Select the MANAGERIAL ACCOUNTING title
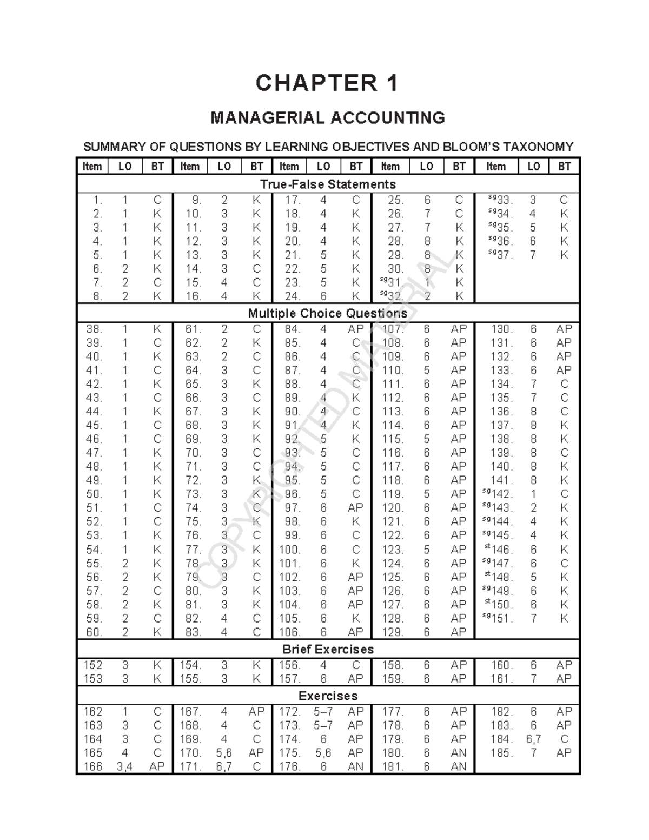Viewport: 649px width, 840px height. click(x=327, y=117)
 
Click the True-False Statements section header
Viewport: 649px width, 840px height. click(x=328, y=184)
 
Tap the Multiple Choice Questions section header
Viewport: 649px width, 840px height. click(x=328, y=313)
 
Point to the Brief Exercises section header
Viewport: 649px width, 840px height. click(x=328, y=649)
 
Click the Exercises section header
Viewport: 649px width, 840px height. click(x=328, y=696)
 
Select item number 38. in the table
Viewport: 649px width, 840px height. click(x=94, y=329)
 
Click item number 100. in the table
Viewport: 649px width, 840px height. click(x=289, y=550)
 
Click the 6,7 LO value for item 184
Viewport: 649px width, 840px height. click(x=533, y=739)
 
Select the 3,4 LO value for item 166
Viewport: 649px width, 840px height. click(x=125, y=766)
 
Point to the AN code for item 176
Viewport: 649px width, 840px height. click(x=355, y=766)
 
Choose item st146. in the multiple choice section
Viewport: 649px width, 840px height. click(x=499, y=550)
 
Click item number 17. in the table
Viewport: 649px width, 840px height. click(x=293, y=200)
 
